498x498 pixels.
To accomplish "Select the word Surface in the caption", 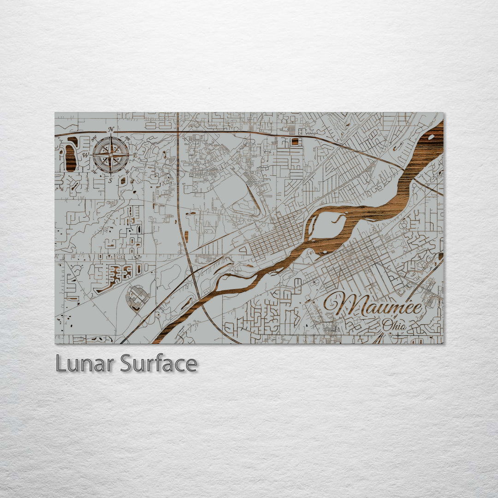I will click(x=159, y=364).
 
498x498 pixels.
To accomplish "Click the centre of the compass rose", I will click(x=111, y=155).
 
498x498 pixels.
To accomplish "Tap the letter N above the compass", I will click(x=111, y=130).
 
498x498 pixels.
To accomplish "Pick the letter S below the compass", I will click(x=111, y=180).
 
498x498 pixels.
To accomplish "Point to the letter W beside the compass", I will click(x=86, y=155).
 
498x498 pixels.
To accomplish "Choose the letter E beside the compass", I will click(x=136, y=155).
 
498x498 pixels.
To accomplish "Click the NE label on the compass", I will click(x=129, y=137).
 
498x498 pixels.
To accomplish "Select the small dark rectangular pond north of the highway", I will click(x=295, y=142).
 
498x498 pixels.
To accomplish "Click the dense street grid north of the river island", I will click(x=277, y=237).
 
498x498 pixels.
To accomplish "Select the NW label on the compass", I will click(x=94, y=137).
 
